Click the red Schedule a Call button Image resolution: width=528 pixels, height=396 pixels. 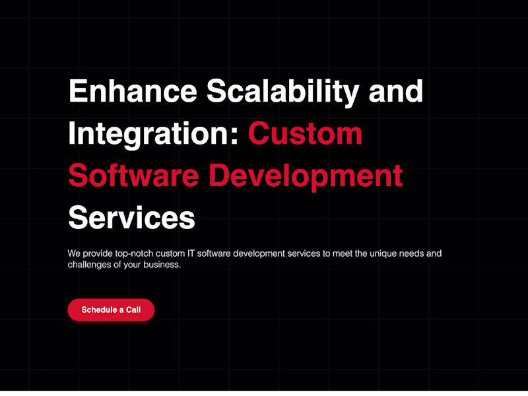click(111, 310)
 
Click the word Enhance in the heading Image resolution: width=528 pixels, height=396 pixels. click(132, 91)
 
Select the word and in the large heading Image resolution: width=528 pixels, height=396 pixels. click(396, 91)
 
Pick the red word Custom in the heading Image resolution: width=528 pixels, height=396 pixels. click(305, 133)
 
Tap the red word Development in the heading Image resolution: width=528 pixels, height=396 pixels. click(306, 176)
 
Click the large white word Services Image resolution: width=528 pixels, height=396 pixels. click(132, 217)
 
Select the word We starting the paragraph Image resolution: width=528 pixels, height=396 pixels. click(74, 253)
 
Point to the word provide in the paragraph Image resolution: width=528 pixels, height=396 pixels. click(99, 253)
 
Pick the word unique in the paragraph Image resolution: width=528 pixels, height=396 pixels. click(384, 253)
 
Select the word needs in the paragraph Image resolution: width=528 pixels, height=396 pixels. click(414, 253)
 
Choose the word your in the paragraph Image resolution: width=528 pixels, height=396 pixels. click(139, 265)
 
